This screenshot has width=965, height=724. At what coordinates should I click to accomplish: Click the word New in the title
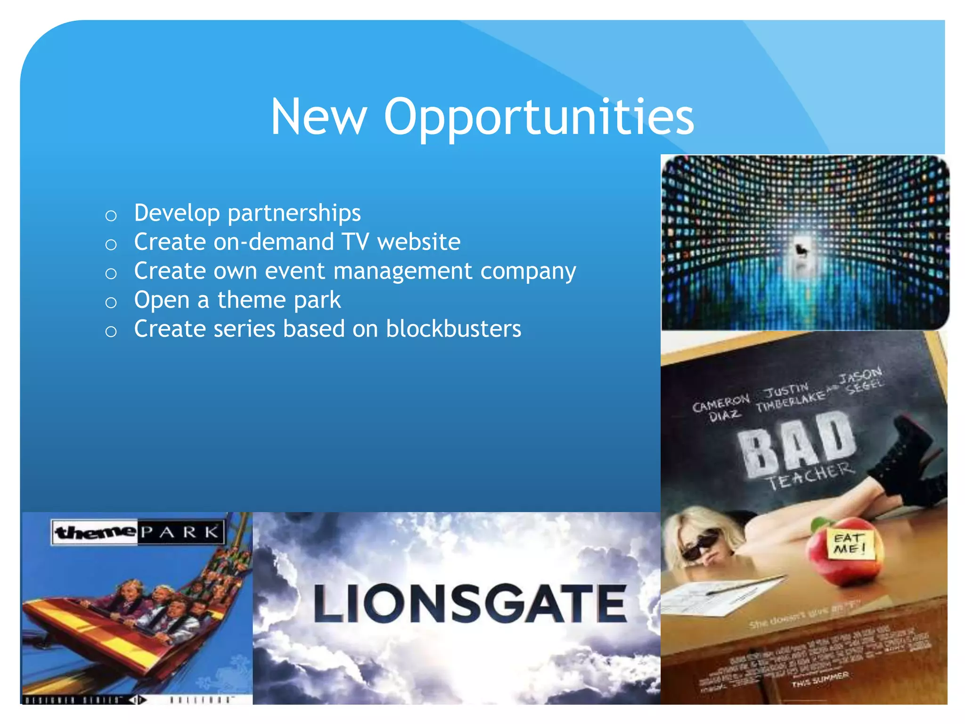[x=319, y=117]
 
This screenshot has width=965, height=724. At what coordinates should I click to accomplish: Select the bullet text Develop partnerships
[x=247, y=213]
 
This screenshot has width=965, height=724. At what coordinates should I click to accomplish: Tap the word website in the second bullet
[x=418, y=242]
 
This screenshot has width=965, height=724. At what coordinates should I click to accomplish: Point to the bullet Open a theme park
[x=237, y=300]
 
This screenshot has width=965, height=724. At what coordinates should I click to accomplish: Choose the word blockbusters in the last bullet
[x=453, y=329]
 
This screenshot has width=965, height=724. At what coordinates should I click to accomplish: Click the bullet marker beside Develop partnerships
[x=111, y=216]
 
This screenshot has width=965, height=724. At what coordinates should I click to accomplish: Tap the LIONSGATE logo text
[x=470, y=603]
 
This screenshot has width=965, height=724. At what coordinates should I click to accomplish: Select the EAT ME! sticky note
[x=851, y=543]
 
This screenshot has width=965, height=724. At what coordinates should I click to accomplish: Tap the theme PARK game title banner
[x=138, y=533]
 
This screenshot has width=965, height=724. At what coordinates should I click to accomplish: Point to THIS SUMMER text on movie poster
[x=820, y=679]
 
